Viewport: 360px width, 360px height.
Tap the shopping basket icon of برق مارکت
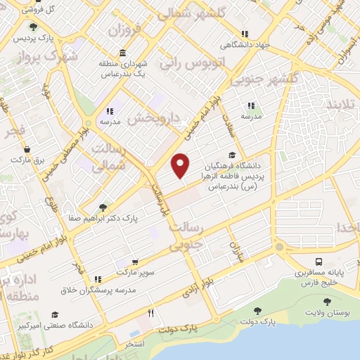27,149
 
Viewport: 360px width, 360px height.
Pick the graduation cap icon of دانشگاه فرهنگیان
232,155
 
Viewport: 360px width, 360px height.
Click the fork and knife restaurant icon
150,313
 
